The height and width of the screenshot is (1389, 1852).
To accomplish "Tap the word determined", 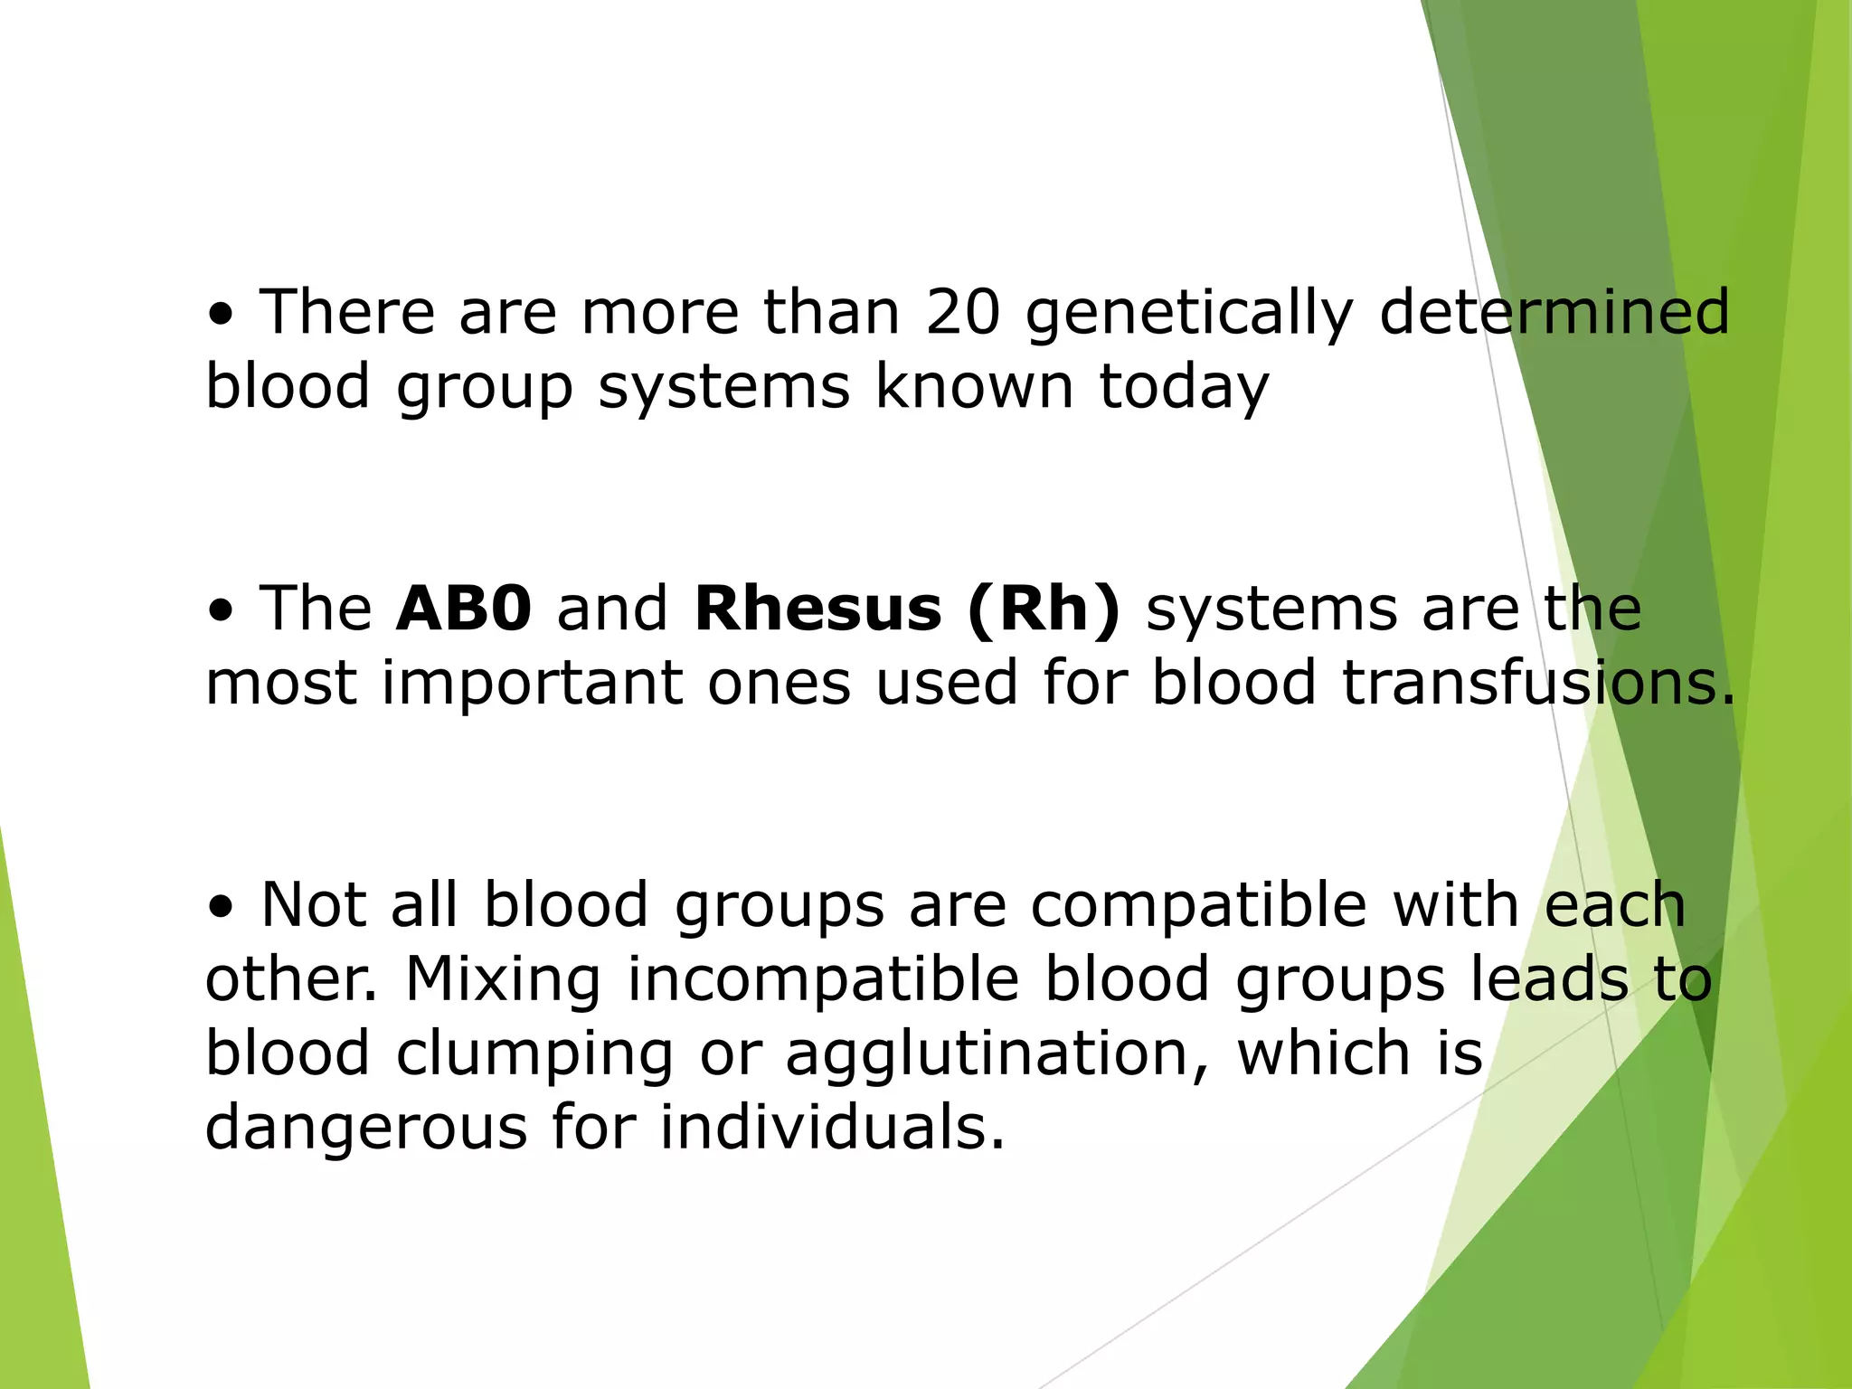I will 1554,312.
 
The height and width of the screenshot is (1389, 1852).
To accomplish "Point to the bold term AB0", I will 464,608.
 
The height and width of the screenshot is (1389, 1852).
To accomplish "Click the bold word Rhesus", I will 817,608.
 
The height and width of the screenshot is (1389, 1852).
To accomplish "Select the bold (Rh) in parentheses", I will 1044,609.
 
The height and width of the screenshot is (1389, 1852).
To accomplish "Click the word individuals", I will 831,1129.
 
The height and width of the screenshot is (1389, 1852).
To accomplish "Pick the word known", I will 975,387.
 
